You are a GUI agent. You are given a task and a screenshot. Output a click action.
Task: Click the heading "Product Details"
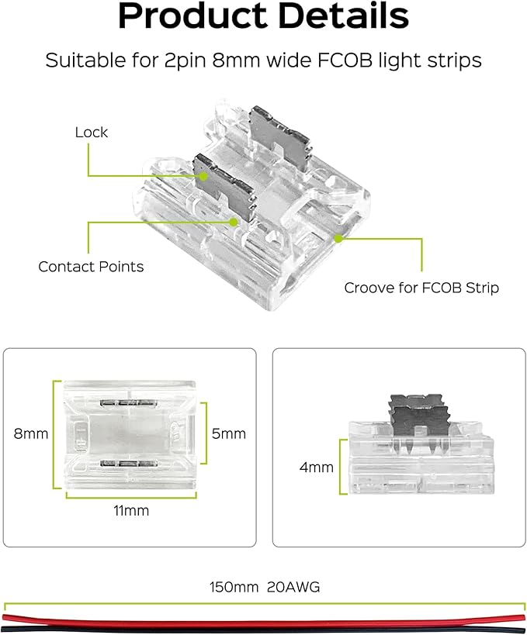(x=263, y=17)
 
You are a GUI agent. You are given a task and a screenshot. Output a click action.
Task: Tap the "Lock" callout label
(x=92, y=133)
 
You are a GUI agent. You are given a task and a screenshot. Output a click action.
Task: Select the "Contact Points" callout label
(x=91, y=267)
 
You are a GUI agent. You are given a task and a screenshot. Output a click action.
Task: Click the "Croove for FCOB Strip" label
(x=421, y=288)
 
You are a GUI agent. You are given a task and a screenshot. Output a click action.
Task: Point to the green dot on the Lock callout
(x=203, y=176)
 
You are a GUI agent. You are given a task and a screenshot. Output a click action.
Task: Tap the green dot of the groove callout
(x=338, y=239)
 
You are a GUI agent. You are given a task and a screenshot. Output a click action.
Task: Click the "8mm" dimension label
(x=31, y=433)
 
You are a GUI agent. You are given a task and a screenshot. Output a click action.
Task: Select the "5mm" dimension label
(x=229, y=433)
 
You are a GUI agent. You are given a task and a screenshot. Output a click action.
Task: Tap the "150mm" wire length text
(x=234, y=587)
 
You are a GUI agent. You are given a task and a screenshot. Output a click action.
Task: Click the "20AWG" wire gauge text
(x=293, y=587)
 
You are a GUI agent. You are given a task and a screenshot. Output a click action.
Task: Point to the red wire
(x=264, y=618)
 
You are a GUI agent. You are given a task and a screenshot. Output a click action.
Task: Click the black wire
(x=264, y=627)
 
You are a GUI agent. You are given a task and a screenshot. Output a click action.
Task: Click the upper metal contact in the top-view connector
(x=128, y=403)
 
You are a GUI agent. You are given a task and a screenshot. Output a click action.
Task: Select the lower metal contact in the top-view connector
(x=128, y=464)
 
